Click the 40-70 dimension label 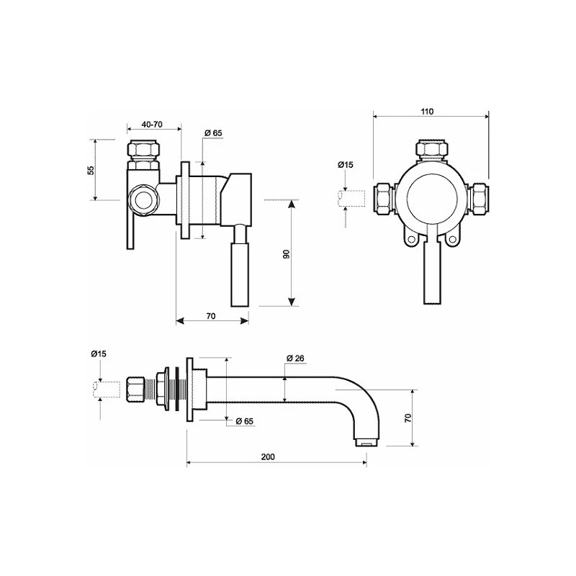151,125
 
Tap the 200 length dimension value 268,457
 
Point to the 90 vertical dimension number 285,255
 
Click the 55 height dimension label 91,170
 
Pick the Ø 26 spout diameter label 296,358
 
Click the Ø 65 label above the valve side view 213,133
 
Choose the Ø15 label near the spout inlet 99,354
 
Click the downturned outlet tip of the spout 364,438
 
